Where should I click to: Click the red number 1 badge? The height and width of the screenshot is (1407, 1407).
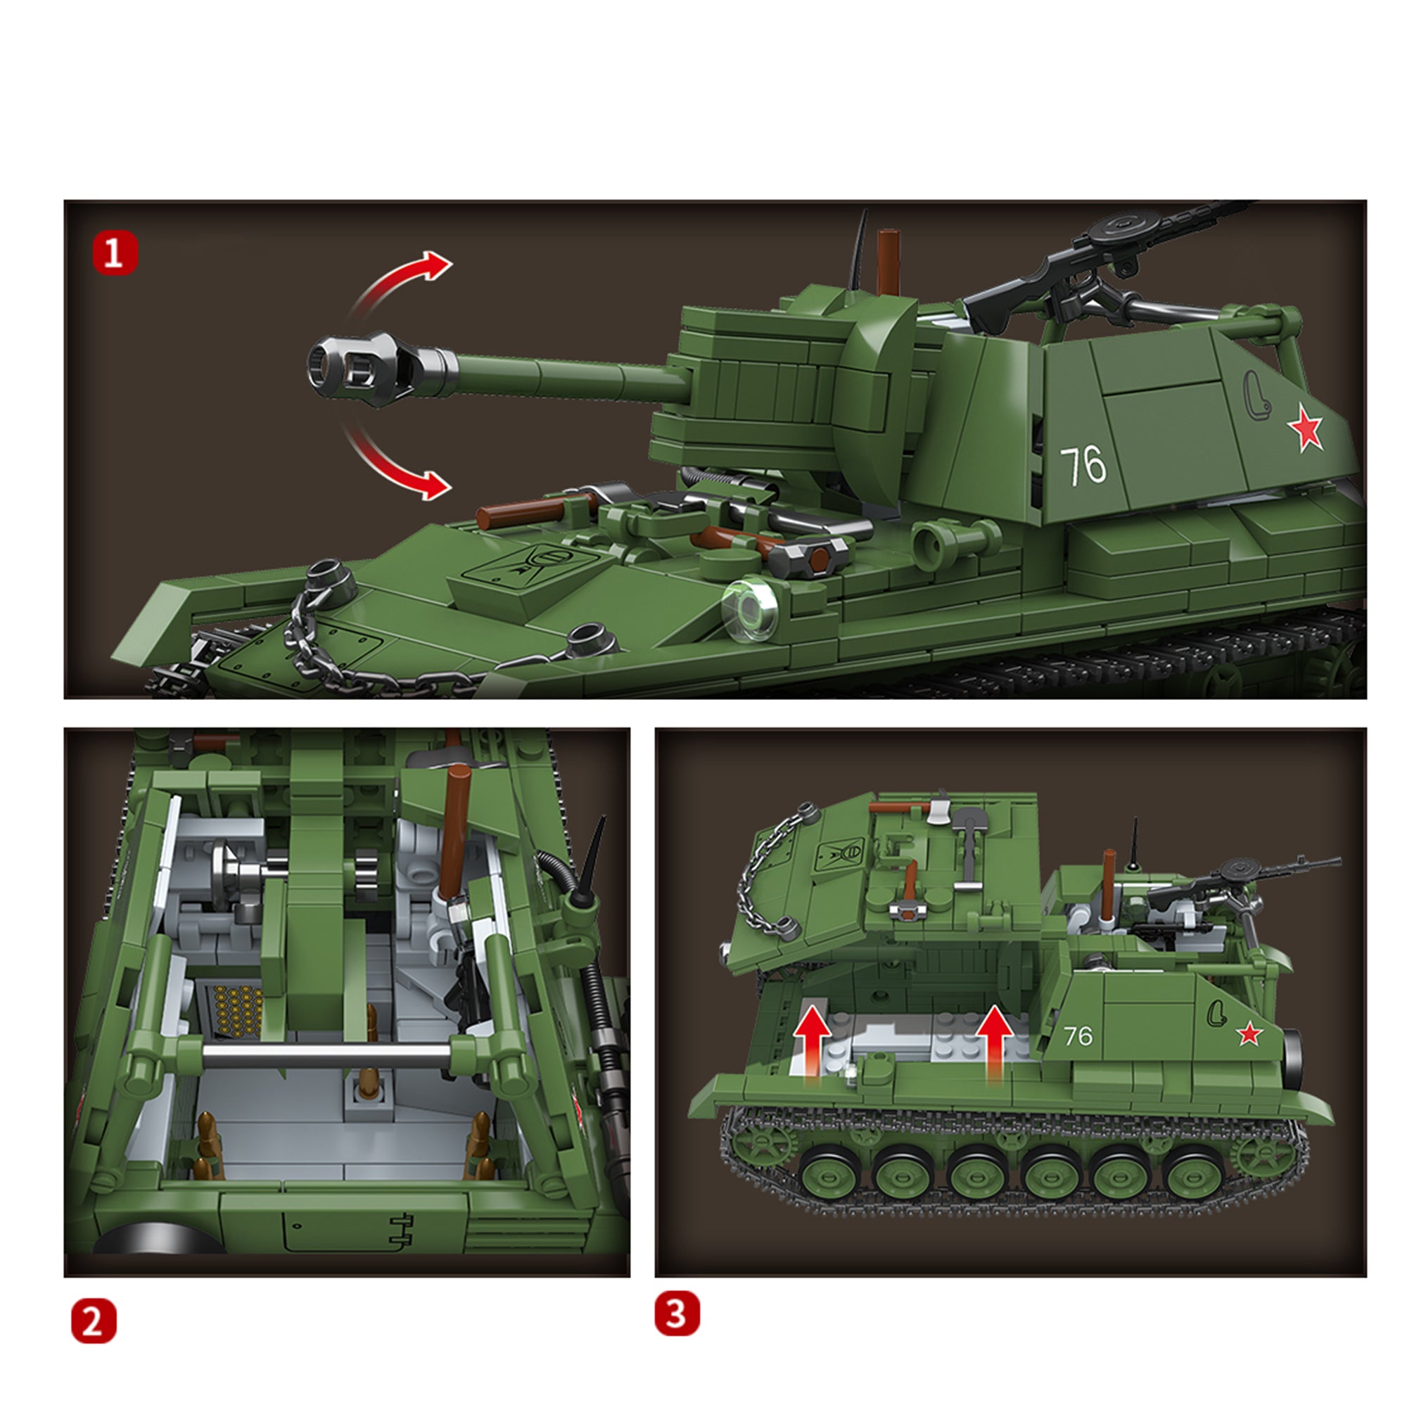point(115,253)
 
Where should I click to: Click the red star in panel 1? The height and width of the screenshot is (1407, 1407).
point(1304,429)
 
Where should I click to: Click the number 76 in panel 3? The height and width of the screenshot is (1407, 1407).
point(1078,1036)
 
